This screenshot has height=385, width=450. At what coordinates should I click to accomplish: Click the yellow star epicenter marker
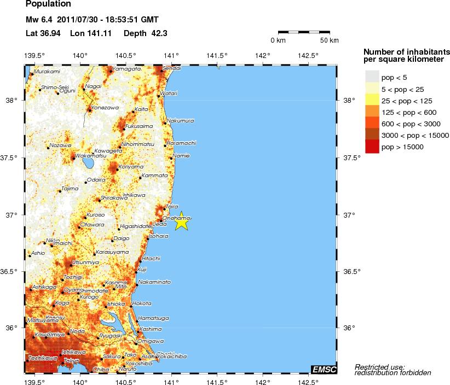pyautogui.click(x=182, y=221)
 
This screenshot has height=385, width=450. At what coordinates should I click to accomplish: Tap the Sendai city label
pyautogui.click(x=172, y=68)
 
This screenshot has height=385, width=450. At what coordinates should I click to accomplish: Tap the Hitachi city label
pyautogui.click(x=151, y=258)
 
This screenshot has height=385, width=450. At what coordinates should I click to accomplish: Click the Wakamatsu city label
pyautogui.click(x=87, y=155)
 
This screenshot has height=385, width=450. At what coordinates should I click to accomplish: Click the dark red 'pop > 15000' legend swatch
pyautogui.click(x=372, y=147)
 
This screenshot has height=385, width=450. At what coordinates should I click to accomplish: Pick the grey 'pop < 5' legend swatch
pyautogui.click(x=372, y=77)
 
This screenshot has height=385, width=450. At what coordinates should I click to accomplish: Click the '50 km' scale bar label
pyautogui.click(x=329, y=41)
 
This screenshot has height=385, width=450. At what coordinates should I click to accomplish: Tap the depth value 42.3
pyautogui.click(x=159, y=33)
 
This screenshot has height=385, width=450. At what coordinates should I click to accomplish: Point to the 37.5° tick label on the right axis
pyautogui.click(x=352, y=158)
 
